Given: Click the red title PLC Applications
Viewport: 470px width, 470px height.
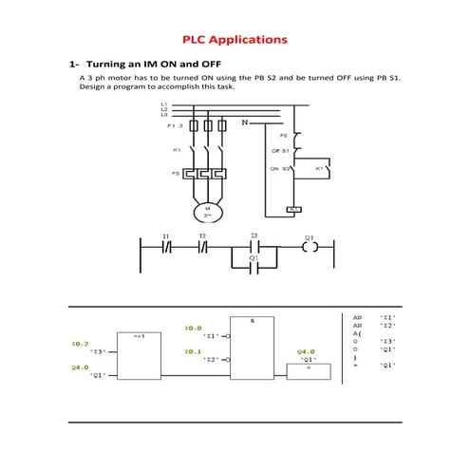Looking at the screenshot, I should click(x=235, y=40).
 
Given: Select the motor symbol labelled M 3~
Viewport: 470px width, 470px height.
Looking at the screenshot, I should click(x=207, y=211).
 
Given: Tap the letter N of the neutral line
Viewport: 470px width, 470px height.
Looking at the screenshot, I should click(x=245, y=123).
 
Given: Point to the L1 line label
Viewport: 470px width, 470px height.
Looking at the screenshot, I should click(x=164, y=103).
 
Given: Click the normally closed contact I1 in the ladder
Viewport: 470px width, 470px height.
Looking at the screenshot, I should click(x=166, y=249).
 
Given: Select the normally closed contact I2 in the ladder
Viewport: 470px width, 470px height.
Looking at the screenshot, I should click(x=202, y=249).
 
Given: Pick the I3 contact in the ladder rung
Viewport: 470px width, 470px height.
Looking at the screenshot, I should click(x=254, y=249).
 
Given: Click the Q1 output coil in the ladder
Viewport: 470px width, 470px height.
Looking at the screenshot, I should click(x=309, y=249).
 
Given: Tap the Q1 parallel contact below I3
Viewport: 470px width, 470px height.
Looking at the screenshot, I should click(x=254, y=269).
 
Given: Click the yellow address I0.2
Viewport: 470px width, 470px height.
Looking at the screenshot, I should click(x=80, y=343).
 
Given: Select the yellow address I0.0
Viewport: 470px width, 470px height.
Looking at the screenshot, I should click(x=193, y=328).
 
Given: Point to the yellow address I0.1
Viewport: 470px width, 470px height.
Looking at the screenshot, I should click(x=193, y=351).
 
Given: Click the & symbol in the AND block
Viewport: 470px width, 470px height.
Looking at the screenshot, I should click(x=253, y=320).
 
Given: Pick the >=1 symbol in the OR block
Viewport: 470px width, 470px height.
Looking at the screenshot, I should click(x=138, y=337).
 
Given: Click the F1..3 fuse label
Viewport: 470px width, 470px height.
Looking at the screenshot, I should click(x=175, y=125).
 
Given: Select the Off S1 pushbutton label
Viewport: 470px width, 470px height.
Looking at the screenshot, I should click(x=280, y=151).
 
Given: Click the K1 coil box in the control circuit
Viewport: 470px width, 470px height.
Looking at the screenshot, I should click(x=293, y=208).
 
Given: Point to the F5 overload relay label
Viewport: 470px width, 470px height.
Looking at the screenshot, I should click(x=176, y=174).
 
